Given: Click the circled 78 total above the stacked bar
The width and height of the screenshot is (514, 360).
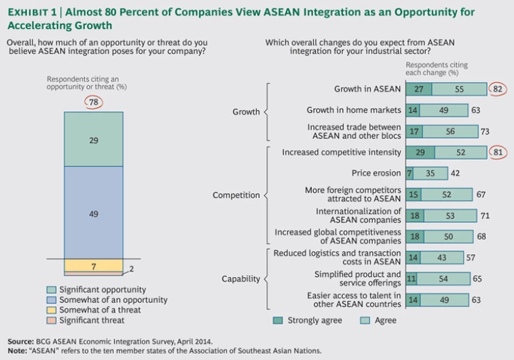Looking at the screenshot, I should pyautogui.click(x=94, y=101).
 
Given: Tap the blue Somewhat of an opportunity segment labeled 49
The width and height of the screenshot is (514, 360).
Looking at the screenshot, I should pyautogui.click(x=94, y=213).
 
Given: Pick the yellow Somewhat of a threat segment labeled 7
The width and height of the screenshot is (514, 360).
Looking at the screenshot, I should pyautogui.click(x=94, y=266).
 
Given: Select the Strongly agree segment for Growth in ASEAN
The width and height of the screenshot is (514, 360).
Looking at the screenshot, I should pyautogui.click(x=419, y=89).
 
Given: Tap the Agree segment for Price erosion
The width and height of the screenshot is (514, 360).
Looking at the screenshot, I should pyautogui.click(x=430, y=173).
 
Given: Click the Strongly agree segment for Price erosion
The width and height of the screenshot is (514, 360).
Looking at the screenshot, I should pyautogui.click(x=410, y=173).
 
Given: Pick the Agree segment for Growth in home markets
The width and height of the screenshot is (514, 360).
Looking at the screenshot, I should pyautogui.click(x=443, y=110).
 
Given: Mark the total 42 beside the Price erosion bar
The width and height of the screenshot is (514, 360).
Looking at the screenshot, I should pyautogui.click(x=456, y=173).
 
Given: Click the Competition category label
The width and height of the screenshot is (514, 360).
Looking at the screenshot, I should pyautogui.click(x=236, y=195).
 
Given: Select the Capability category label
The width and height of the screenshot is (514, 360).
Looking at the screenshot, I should pyautogui.click(x=240, y=279).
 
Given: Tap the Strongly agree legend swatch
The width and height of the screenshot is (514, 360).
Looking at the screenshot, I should pyautogui.click(x=278, y=321).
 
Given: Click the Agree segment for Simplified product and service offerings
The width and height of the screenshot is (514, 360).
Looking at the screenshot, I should pyautogui.click(x=441, y=279).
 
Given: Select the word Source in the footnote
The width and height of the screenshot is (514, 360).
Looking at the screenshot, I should pyautogui.click(x=21, y=341).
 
